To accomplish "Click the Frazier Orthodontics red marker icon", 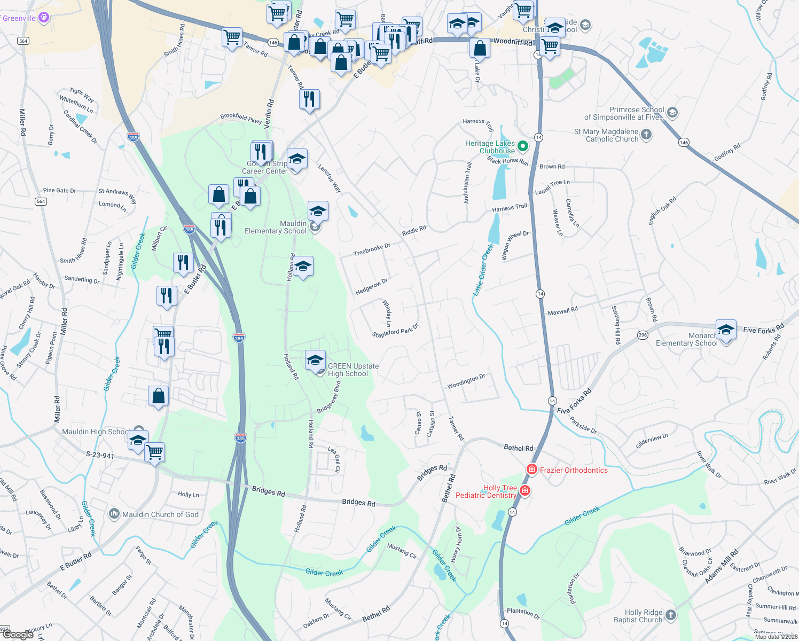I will point(531,470).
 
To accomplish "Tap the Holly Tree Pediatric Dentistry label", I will point(486,491).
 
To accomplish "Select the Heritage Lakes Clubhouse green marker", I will point(523,146).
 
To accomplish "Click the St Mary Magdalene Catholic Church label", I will point(606,135).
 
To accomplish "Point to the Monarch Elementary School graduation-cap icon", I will point(726,329).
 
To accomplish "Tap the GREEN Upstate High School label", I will point(353,370).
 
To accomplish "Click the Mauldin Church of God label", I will point(160,514).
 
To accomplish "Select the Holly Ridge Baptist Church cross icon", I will point(671,615).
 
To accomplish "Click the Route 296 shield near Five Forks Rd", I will point(642,335).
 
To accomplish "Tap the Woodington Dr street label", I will point(466,381).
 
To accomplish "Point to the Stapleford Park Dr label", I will point(395,331).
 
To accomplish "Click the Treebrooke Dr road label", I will point(372,249).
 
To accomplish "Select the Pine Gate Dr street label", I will point(59,190).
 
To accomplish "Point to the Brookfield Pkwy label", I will point(241,118).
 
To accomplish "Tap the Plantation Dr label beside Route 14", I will point(523,613).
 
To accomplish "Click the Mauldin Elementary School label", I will point(276,227).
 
